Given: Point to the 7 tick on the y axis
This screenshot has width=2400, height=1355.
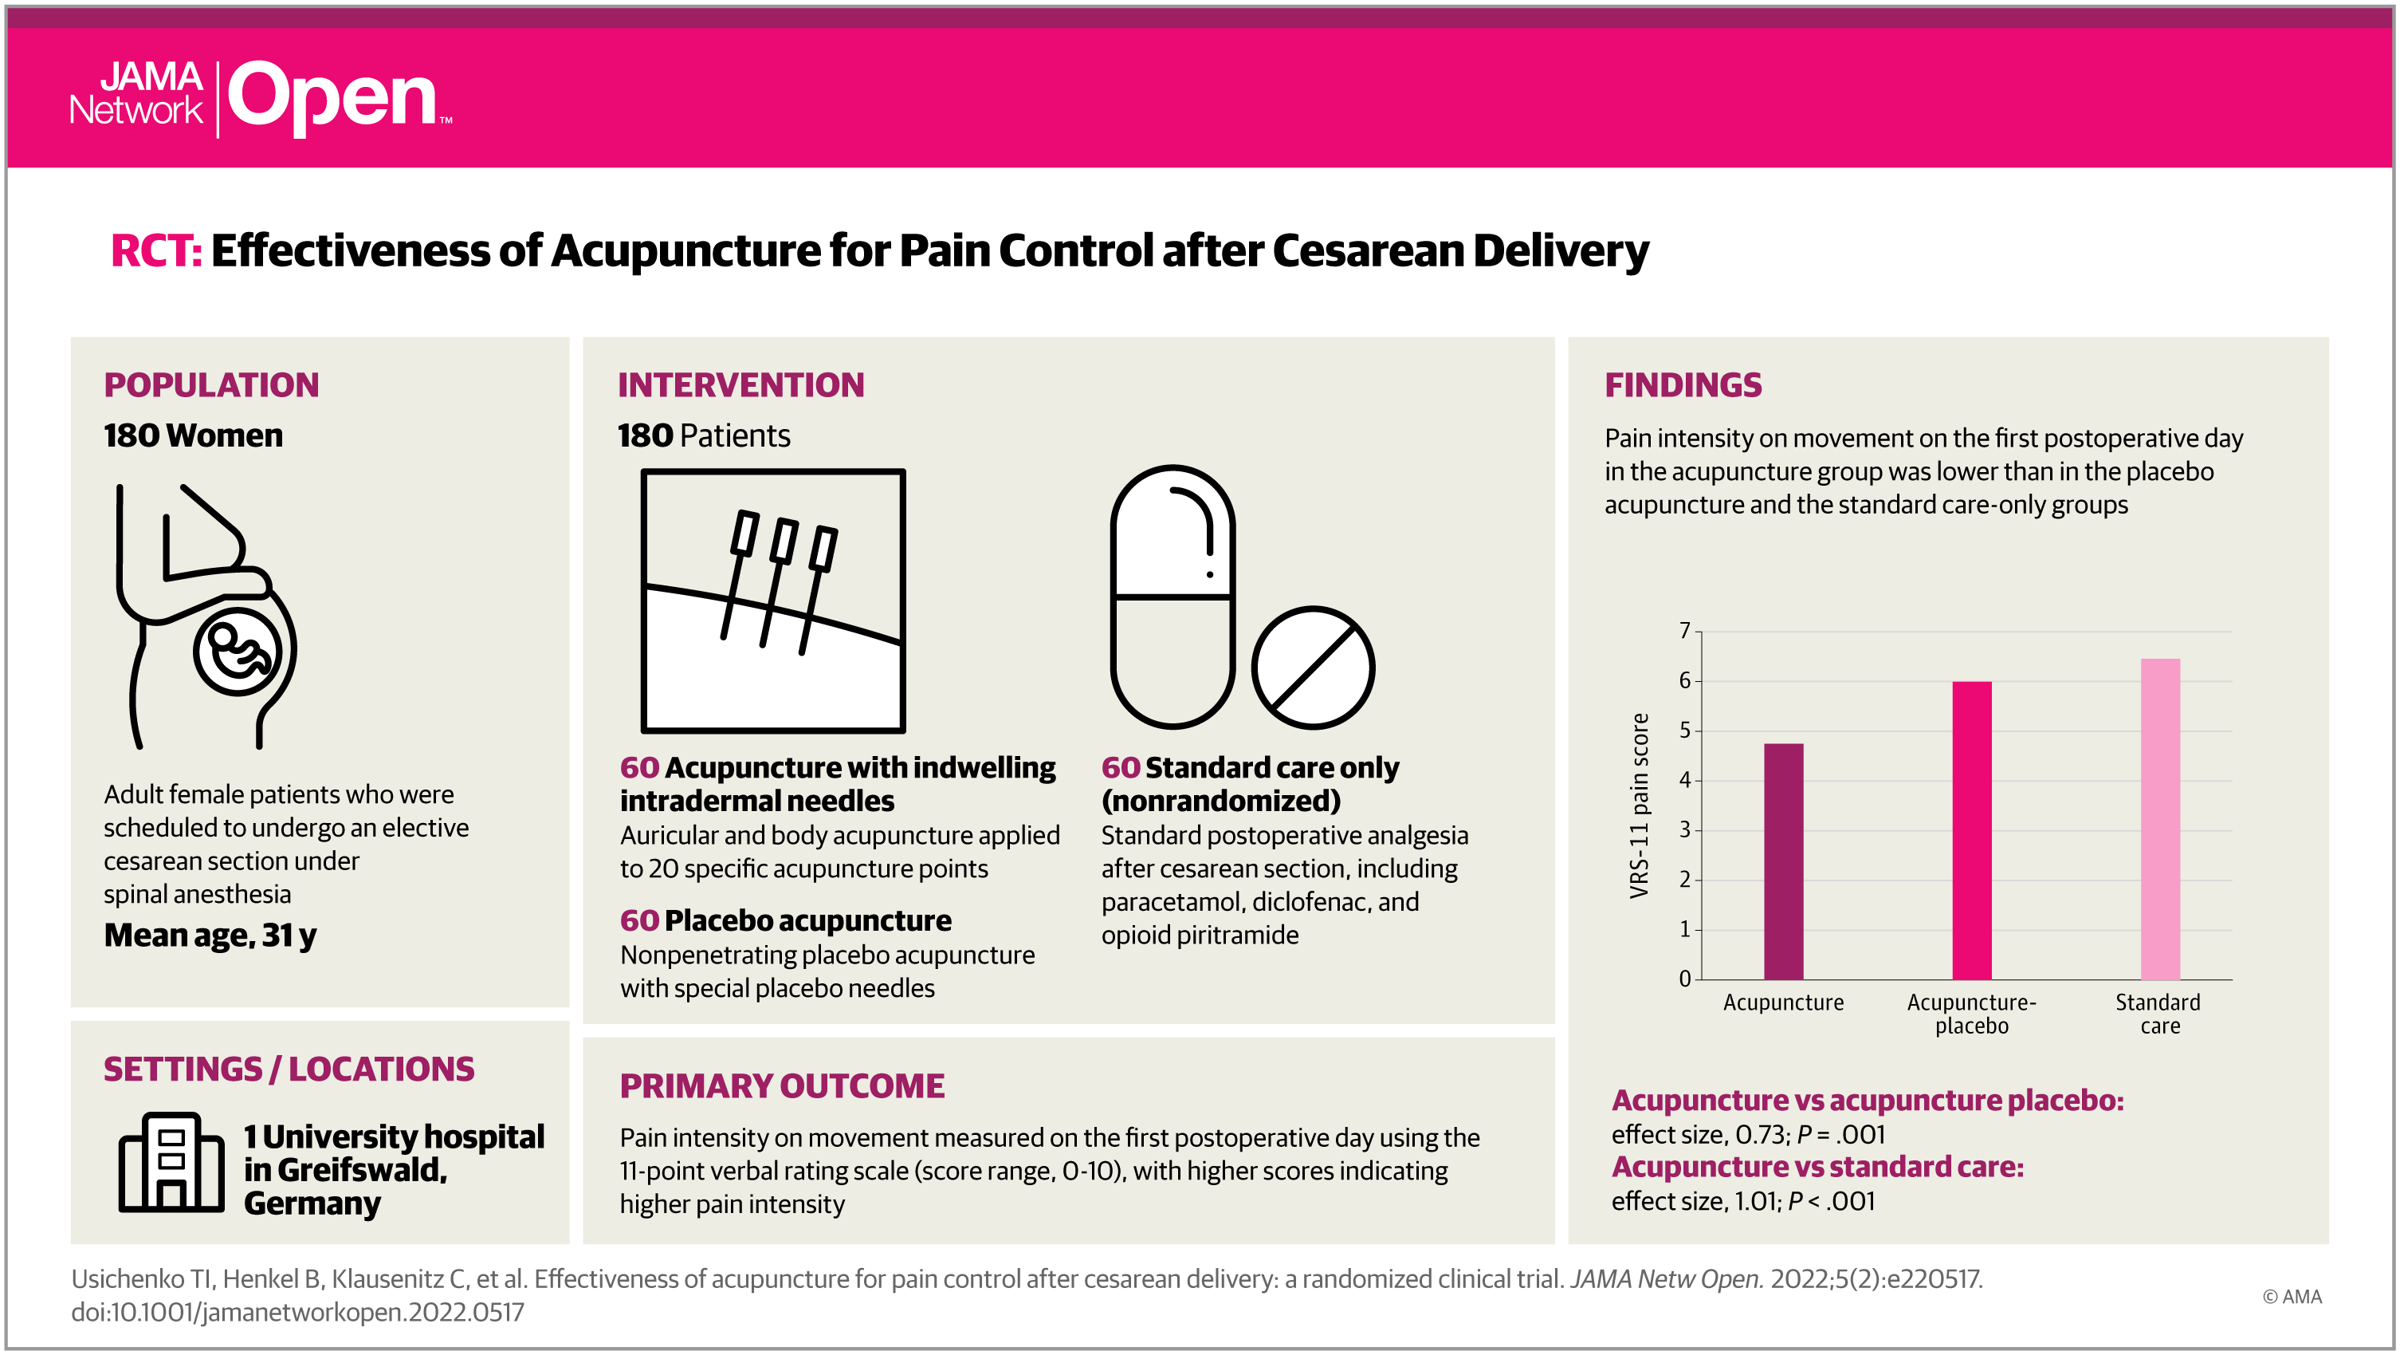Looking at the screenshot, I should [x=1684, y=631].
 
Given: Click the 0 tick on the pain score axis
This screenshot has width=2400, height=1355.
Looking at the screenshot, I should [x=1684, y=979].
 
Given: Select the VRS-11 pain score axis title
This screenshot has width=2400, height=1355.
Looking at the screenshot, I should [x=1639, y=806].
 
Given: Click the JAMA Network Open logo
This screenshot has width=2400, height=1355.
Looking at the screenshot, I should [x=261, y=97].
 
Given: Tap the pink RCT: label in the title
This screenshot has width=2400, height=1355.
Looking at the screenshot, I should [x=155, y=250].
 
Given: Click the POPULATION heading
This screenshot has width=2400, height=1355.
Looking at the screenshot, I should [x=211, y=385].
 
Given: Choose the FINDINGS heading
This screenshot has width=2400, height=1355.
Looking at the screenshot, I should [x=1683, y=385].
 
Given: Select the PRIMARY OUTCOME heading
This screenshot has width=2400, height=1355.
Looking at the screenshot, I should [x=782, y=1085].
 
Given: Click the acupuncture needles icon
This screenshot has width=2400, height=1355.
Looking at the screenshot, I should [x=772, y=601].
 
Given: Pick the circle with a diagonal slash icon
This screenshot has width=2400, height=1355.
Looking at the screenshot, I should [x=1312, y=668].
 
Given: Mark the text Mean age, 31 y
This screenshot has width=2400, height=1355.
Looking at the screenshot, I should [x=210, y=935].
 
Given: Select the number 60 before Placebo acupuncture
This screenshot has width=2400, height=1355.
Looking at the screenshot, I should [x=639, y=920].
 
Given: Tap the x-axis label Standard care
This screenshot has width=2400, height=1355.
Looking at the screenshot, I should [x=2158, y=1014].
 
